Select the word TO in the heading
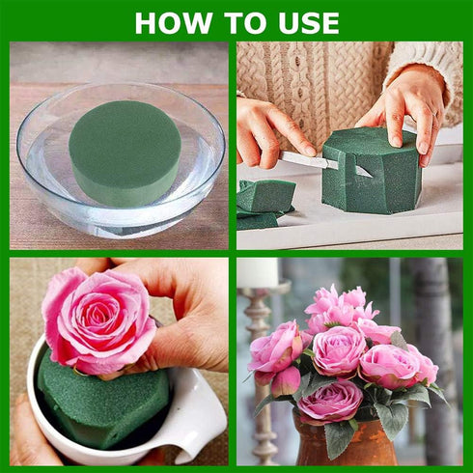point(237,22)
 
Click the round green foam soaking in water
point(125,151)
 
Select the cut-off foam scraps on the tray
point(266,199)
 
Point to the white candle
point(259,271)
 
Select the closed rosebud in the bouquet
point(286,382)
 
